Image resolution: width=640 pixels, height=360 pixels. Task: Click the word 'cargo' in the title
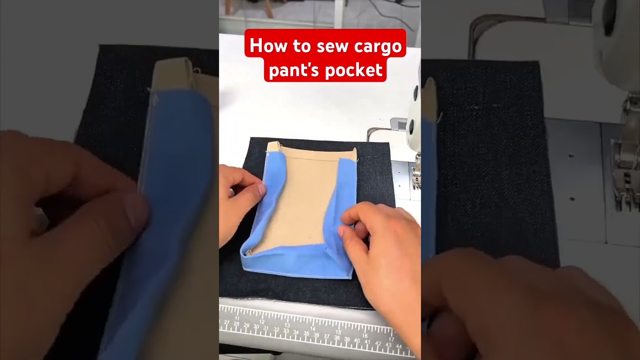pyautogui.click(x=378, y=46)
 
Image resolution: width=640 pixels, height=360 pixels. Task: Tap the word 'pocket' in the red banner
pyautogui.click(x=353, y=70)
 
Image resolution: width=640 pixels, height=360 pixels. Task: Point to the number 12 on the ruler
pyautogui.click(x=262, y=321)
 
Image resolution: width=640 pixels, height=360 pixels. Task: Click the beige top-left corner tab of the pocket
pyautogui.click(x=272, y=147)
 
